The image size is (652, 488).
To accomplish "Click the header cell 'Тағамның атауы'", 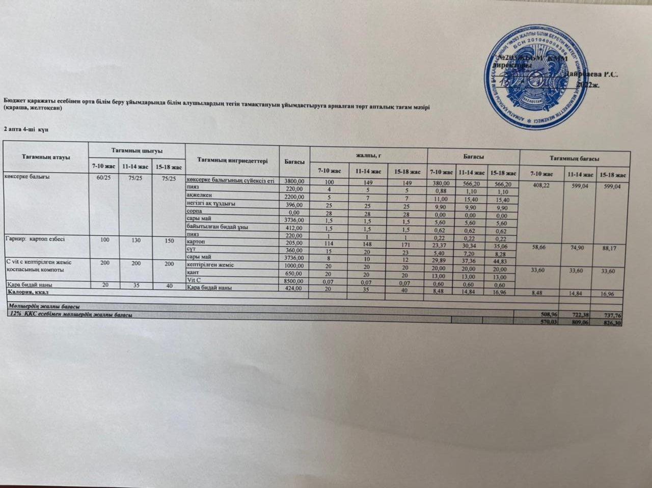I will (x=46, y=156).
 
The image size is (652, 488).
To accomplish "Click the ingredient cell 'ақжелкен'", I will (x=196, y=195).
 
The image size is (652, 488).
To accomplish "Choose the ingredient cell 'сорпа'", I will (x=195, y=211).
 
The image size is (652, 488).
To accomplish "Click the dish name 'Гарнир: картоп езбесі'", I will (x=35, y=238).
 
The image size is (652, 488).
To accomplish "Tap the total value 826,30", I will (x=612, y=323).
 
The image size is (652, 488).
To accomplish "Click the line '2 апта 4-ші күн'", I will (x=26, y=129).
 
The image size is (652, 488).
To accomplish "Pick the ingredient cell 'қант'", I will (x=193, y=273).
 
